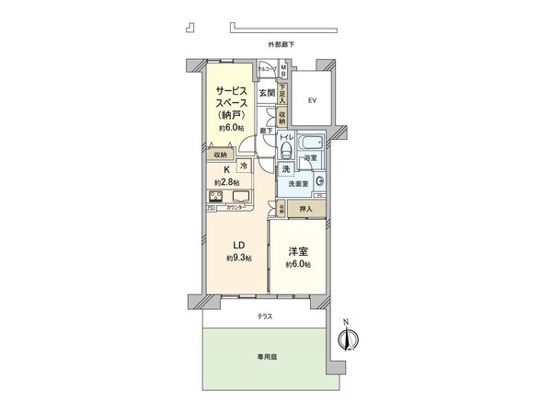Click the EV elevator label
coord(313,100)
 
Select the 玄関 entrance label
coord(266,92)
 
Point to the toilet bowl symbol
coord(286,150)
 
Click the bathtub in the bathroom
coord(311,144)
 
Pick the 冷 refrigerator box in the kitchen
coord(244,166)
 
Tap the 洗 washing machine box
coord(286,170)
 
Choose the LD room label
coord(236,245)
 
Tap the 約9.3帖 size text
coord(237,260)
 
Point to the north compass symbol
coord(347,338)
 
